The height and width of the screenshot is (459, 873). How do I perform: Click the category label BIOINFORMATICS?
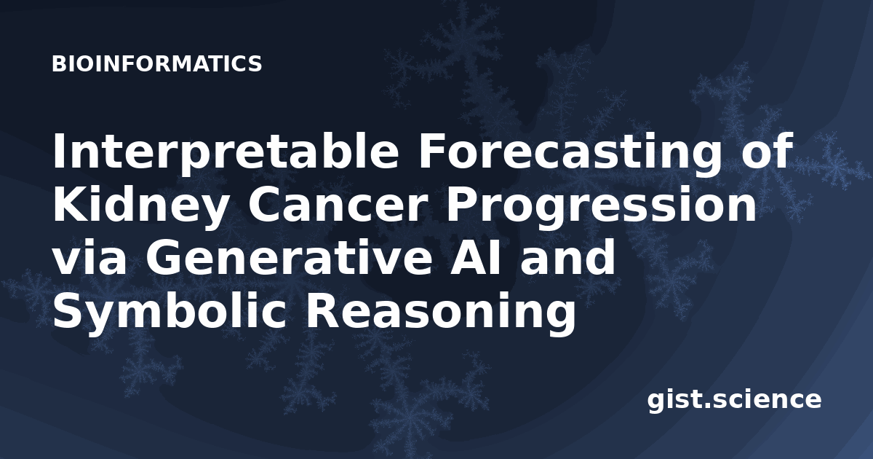tap(156, 64)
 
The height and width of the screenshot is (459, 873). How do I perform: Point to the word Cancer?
tap(336, 205)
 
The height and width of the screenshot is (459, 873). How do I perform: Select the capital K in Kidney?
tap(68, 205)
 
